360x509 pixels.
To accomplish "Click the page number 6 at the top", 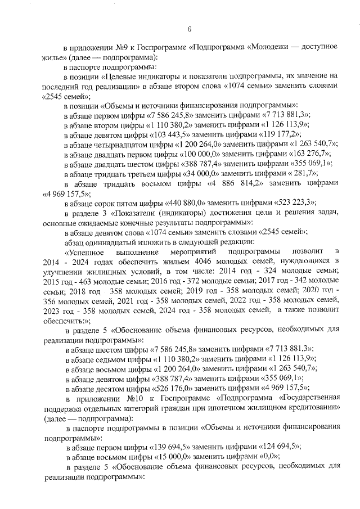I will [190, 29].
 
